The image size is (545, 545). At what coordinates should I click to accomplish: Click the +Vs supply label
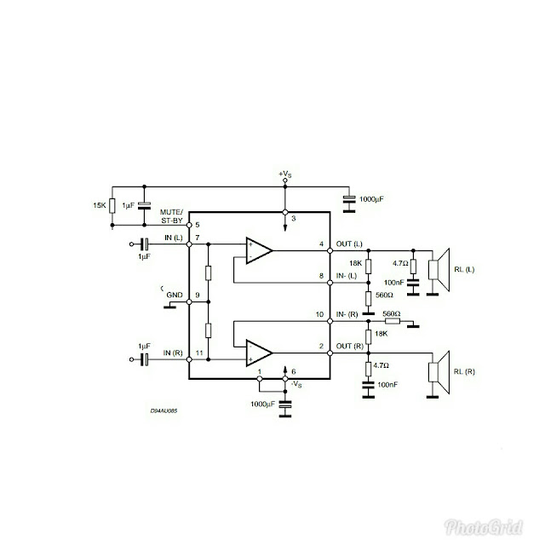[285, 175]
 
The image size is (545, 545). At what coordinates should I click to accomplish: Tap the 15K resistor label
[100, 205]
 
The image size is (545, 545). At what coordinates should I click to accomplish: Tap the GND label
[175, 295]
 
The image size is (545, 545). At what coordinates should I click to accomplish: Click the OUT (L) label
[349, 244]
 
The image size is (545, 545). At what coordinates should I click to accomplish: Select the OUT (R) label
[349, 347]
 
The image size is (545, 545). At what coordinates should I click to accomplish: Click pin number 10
[320, 314]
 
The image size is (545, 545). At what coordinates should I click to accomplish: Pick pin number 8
[320, 277]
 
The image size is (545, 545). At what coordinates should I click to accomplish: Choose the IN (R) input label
[174, 353]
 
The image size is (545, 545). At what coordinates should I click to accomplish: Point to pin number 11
[198, 353]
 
